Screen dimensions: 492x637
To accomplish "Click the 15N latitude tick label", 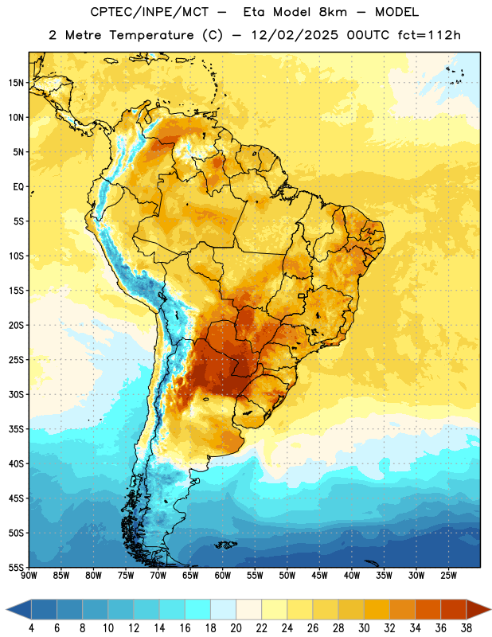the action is coord(16,83).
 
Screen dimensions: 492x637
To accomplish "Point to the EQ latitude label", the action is coord(18,187).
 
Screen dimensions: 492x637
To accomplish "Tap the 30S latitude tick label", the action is coord(16,394).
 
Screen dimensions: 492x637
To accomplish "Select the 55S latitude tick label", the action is coord(16,567).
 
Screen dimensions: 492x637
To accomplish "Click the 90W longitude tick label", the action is coord(29,575).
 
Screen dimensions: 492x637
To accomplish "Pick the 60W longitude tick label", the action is coord(223,575).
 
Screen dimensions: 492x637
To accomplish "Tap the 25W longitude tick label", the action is coord(448,575).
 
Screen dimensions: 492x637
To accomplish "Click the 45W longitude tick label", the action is coord(319,575).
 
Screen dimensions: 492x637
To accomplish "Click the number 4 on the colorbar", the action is coord(31,628).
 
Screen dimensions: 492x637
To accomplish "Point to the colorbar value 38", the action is coord(467,628).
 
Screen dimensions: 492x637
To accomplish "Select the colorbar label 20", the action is coord(236,628).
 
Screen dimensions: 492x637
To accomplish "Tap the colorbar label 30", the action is coord(364,628).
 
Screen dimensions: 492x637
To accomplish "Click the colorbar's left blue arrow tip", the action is coord(6,609).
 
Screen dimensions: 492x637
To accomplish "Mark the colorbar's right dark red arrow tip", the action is coord(490,609).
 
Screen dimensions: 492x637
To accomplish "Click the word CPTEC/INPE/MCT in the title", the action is coord(150,12).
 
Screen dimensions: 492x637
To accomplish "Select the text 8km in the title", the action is coord(333,12).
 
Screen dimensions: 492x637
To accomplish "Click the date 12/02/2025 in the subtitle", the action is coord(295,35).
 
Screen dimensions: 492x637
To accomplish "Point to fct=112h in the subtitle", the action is coord(429,35).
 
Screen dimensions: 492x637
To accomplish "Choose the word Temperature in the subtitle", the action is coord(151,36).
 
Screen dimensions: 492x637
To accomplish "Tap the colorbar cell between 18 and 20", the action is coord(223,609).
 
